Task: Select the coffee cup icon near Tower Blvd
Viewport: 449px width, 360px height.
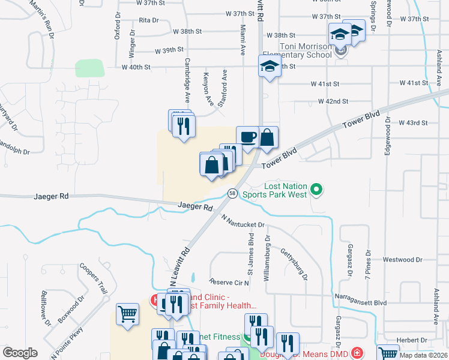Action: tap(248, 137)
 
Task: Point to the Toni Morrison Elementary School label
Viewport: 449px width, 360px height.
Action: tap(306, 50)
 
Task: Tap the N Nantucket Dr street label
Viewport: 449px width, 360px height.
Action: tap(243, 221)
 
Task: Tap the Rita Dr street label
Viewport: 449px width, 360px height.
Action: tap(148, 20)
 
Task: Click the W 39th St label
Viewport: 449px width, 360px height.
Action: tap(168, 51)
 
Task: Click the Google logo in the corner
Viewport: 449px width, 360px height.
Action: tap(20, 353)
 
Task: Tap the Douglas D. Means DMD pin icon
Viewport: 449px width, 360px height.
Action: tap(358, 352)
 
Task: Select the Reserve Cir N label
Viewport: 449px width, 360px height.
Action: tap(229, 281)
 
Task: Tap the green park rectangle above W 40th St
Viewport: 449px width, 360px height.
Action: tap(89, 68)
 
